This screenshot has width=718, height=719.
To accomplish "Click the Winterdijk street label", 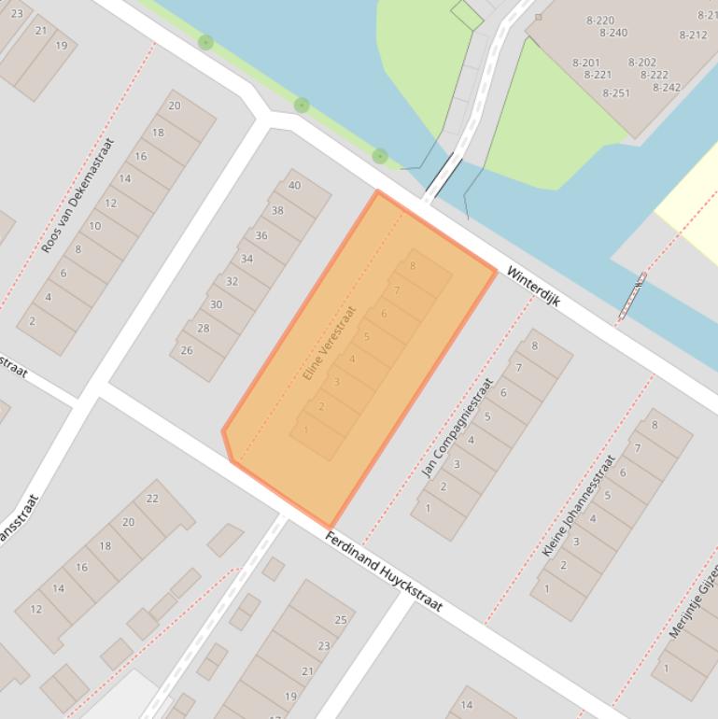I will click(533, 285).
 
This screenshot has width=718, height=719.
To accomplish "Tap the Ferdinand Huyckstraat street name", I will click(384, 571).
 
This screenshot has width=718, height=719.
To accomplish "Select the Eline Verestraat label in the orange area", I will click(331, 343).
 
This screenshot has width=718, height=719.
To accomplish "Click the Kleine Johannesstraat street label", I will click(579, 505).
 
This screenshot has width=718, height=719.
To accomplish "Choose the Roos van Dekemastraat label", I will click(77, 196).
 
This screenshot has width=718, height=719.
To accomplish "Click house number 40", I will click(295, 185).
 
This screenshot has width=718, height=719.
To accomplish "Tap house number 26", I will click(187, 350).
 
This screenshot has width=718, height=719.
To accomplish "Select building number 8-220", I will click(600, 20).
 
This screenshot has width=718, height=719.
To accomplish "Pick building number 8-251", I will click(616, 92).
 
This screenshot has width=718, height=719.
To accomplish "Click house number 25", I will click(341, 619).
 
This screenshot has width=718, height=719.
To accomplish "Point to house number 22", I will click(152, 498).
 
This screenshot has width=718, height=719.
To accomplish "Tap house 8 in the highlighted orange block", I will click(412, 265).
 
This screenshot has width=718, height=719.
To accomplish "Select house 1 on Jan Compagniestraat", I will click(428, 508).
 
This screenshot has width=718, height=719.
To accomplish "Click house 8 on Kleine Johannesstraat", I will click(655, 425).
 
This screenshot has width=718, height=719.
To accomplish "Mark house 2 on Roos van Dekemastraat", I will click(33, 321).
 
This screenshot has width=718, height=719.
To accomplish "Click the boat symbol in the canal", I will click(632, 296).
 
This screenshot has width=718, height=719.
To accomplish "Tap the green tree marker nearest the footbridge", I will click(379, 156).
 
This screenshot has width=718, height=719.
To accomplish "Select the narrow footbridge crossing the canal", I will click(443, 178).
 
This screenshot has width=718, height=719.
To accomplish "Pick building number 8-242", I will click(667, 87).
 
